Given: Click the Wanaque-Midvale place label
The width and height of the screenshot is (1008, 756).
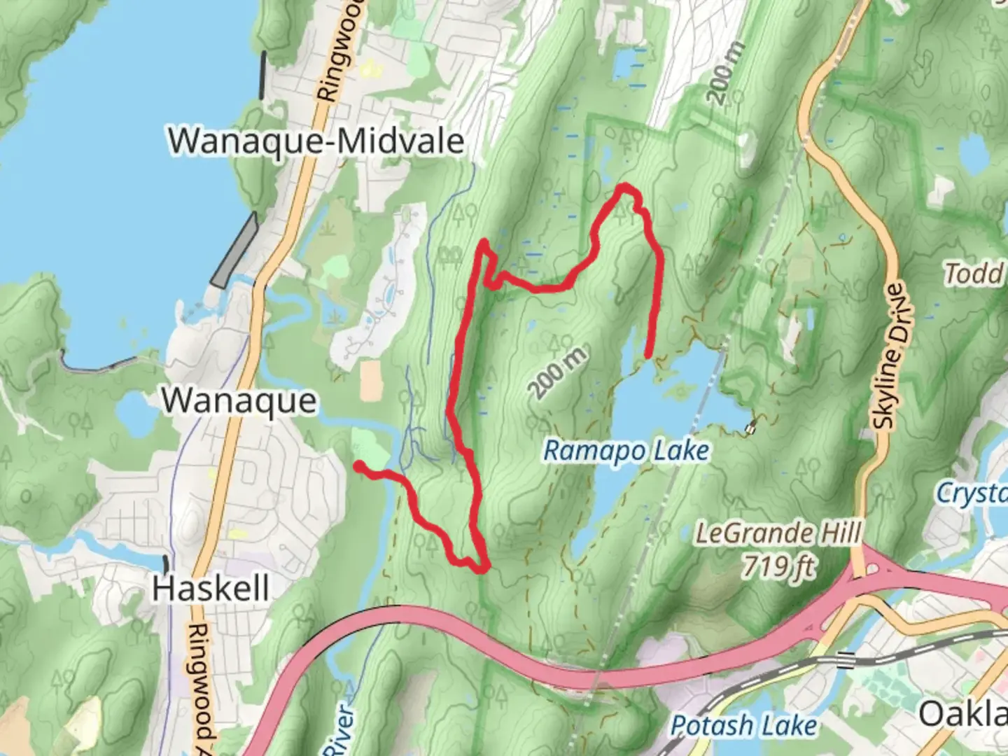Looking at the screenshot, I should click(316, 141).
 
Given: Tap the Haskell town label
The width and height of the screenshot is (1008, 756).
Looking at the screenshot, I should click(211, 588).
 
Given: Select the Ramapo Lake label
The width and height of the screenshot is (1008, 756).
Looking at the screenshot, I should click(626, 451).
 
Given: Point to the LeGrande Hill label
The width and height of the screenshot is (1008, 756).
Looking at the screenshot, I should click(778, 534).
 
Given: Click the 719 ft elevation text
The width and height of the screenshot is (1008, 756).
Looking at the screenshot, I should click(778, 564).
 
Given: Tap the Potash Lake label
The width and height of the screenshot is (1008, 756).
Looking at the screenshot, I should click(743, 726).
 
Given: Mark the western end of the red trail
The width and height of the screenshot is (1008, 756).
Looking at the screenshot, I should click(358, 466).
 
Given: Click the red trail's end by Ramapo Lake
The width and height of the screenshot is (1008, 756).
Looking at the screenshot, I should click(648, 355).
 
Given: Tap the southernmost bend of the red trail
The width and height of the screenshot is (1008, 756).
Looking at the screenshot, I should click(481, 569).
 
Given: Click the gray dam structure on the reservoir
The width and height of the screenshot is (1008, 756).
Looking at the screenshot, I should click(234, 252).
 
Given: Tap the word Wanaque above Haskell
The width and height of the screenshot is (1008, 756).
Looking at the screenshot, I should click(239, 401).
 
